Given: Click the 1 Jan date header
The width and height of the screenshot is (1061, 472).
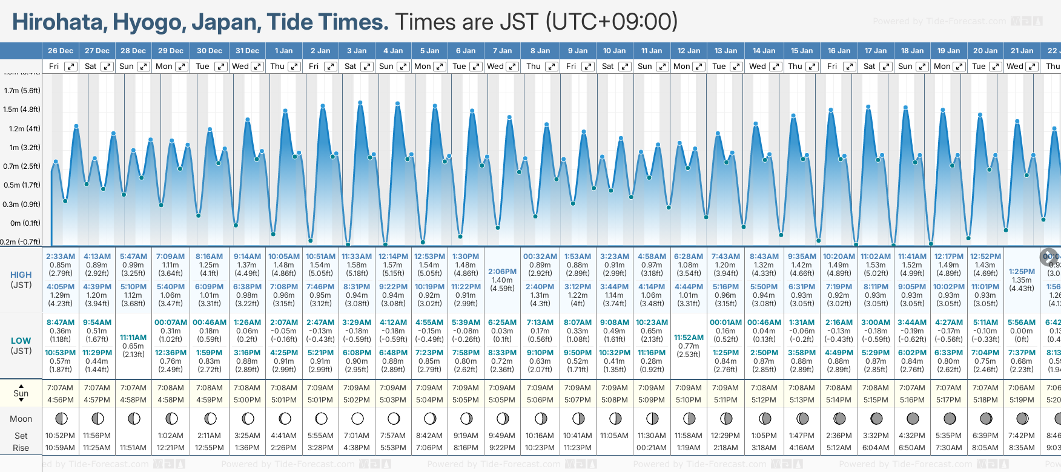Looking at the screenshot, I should (x=283, y=51).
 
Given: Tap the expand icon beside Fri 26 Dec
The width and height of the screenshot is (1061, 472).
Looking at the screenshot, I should (x=71, y=67).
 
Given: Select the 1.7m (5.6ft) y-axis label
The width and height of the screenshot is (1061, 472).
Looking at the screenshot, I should (x=22, y=91).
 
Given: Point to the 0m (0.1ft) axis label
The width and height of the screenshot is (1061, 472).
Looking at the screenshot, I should (x=25, y=223).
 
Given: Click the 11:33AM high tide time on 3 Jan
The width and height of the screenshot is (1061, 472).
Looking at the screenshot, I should (x=357, y=257).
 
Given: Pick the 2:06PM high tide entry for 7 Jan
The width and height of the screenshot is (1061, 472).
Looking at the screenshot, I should (x=502, y=272).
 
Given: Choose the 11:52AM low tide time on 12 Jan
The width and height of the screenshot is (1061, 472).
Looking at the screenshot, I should (x=689, y=338).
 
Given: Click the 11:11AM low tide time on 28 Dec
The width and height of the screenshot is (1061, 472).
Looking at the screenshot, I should (x=133, y=338).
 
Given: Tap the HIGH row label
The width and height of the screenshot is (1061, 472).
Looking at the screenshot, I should (x=21, y=275).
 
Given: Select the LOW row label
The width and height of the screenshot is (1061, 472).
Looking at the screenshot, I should (x=21, y=341).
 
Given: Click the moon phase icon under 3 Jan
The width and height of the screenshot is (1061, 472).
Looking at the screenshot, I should (x=357, y=418).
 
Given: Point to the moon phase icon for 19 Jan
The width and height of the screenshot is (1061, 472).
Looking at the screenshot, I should (x=949, y=418).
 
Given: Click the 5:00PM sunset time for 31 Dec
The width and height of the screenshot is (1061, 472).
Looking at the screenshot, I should (x=247, y=400).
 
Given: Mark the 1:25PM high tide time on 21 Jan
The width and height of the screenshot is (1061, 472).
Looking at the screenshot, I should (x=1022, y=272).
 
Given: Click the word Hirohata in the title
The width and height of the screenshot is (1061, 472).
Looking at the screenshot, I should (x=58, y=22).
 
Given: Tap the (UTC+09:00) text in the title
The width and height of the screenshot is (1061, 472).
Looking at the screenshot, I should (x=612, y=22).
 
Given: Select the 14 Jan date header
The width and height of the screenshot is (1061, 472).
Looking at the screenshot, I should (x=764, y=51).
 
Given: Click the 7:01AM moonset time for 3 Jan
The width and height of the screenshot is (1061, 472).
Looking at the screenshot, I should (x=357, y=436).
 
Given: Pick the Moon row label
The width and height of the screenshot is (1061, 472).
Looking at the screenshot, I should (x=21, y=419).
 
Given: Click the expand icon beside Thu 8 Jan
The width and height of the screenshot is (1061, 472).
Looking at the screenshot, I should (x=551, y=67).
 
